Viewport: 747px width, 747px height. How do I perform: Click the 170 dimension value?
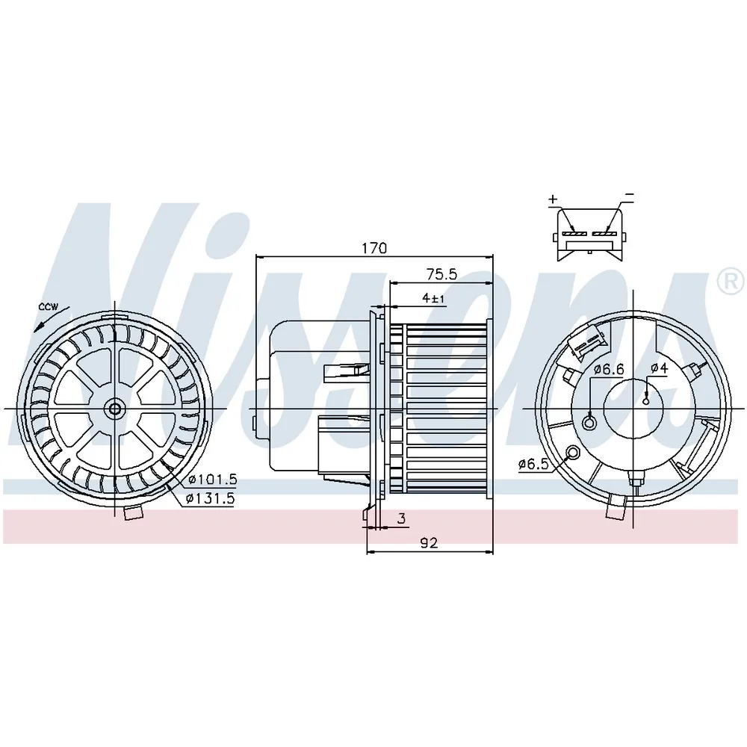[x=374, y=248]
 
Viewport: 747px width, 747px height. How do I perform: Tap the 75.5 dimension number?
[x=441, y=274]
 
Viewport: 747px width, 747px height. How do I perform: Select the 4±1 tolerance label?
[x=433, y=298]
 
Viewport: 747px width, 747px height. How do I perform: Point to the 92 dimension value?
[x=429, y=542]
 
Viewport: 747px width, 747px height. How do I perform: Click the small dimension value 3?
[x=402, y=518]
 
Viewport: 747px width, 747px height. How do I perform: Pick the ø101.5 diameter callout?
[x=212, y=480]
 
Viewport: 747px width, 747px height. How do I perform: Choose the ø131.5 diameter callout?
[x=210, y=499]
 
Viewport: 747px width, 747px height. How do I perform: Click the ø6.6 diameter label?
[x=610, y=369]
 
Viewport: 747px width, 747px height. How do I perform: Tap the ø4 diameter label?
[x=660, y=368]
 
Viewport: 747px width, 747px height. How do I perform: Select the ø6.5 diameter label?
[x=534, y=464]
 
